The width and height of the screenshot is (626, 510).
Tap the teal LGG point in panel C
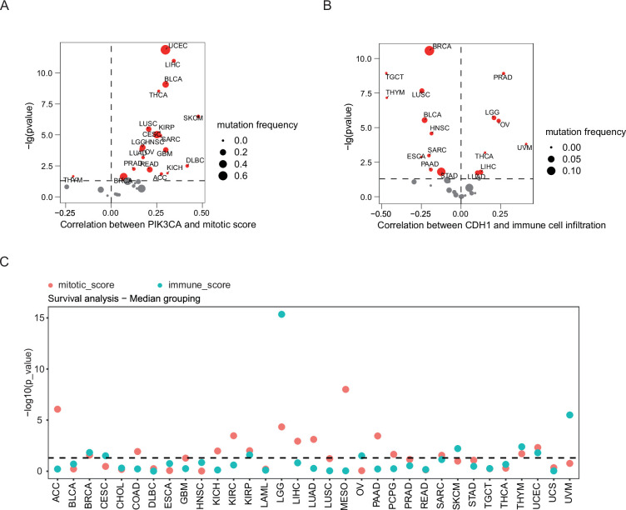tap(281, 314)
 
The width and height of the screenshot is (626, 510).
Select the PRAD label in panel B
tap(503, 77)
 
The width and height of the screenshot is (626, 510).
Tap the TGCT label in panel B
tap(395, 77)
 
